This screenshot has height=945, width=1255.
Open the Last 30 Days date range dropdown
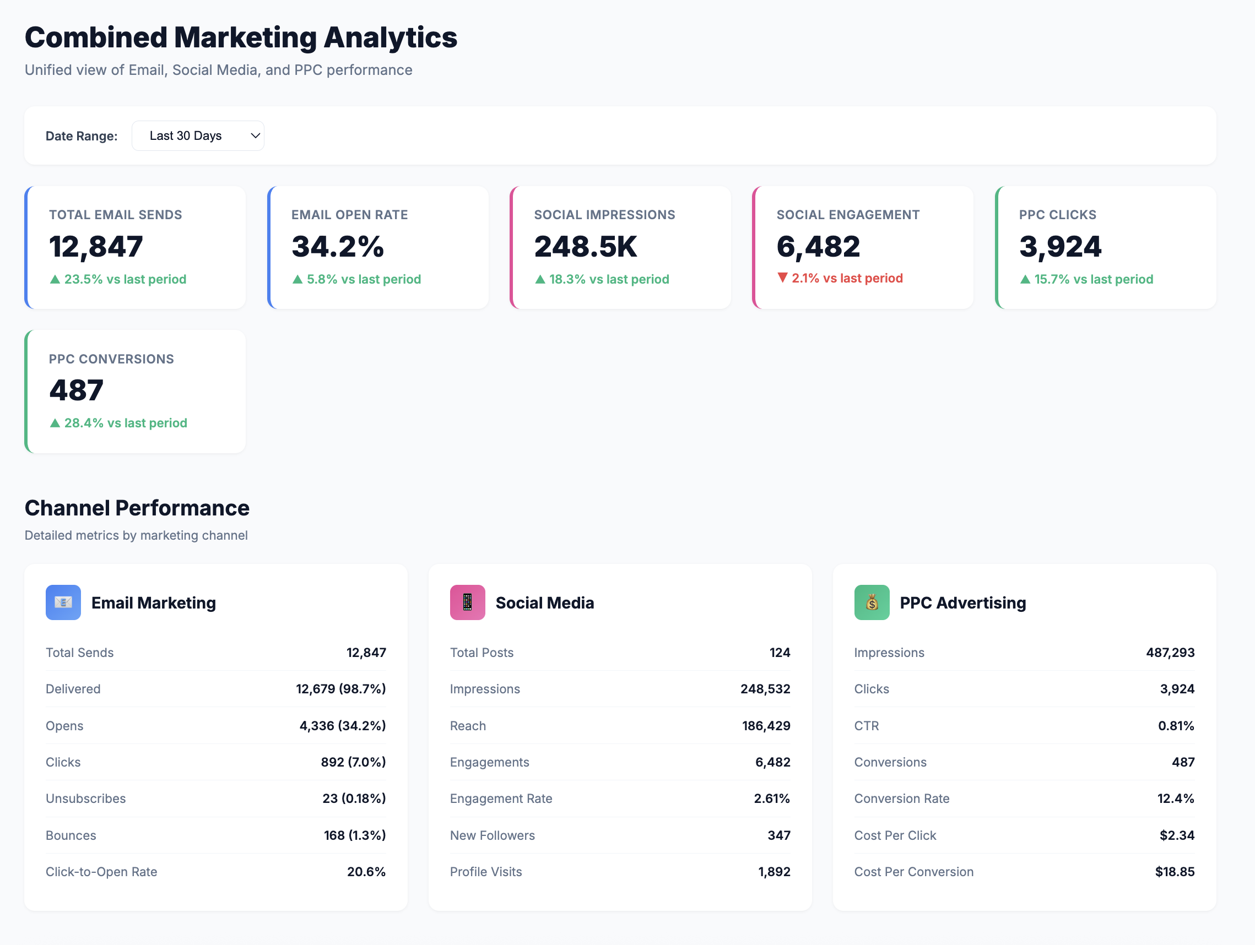(x=197, y=135)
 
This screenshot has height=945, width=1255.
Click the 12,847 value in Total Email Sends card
(x=96, y=247)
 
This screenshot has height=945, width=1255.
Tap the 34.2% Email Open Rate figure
(x=338, y=247)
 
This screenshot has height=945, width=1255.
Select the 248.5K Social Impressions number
(x=586, y=247)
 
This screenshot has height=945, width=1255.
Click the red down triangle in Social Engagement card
(x=782, y=278)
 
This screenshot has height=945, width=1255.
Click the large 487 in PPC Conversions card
(x=77, y=390)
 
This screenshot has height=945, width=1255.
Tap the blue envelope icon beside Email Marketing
(x=63, y=602)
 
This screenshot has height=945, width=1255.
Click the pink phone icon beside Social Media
(x=467, y=602)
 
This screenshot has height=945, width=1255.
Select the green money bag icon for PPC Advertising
(x=872, y=602)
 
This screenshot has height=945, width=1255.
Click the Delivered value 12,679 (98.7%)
(x=340, y=688)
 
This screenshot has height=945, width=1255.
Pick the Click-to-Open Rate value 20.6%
(x=366, y=871)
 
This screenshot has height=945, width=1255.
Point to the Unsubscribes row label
(x=86, y=799)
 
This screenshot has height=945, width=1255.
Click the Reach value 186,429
(x=766, y=725)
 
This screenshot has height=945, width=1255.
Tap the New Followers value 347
(x=778, y=835)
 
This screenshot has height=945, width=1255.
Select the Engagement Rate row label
(x=501, y=799)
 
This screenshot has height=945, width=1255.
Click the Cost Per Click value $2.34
(x=1177, y=835)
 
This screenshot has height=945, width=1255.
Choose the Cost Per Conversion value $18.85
(x=1175, y=871)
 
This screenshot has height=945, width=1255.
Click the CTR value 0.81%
(x=1176, y=725)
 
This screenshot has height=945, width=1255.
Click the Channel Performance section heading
(x=137, y=508)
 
